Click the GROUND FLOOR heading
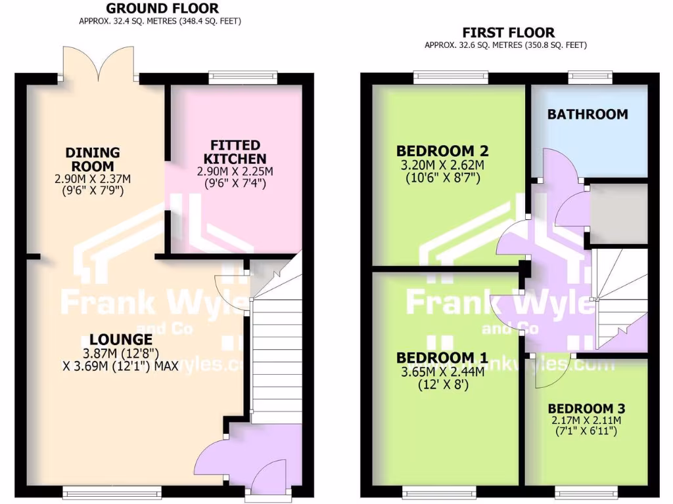click(x=162, y=9)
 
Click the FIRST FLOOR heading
click(x=508, y=32)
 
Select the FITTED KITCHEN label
click(x=235, y=152)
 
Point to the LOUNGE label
click(x=121, y=339)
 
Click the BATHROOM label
click(x=588, y=114)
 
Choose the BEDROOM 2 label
click(x=442, y=151)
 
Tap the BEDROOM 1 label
click(x=442, y=358)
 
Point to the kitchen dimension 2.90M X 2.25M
click(x=235, y=171)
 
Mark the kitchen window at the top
click(x=243, y=78)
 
